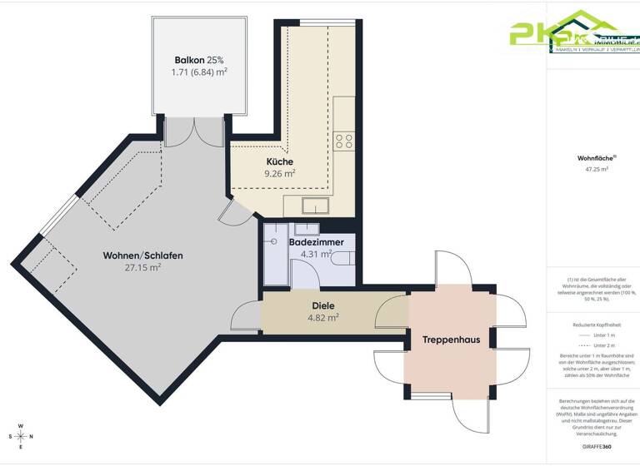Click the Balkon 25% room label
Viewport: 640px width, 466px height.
[x=199, y=60]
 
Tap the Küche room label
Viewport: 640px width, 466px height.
[x=280, y=161]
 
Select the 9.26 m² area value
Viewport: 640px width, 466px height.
[x=280, y=174]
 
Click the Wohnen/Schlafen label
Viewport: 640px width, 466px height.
[x=142, y=255]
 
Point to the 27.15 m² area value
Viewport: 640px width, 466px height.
[x=142, y=268]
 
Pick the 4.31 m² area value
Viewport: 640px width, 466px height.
[x=316, y=254]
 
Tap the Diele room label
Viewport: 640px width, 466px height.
[x=300, y=305]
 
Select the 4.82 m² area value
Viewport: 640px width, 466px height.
[x=300, y=318]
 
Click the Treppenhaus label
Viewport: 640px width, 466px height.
[x=451, y=340]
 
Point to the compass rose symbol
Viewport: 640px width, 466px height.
[x=21, y=436]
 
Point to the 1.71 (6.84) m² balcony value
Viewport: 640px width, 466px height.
[x=199, y=72]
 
